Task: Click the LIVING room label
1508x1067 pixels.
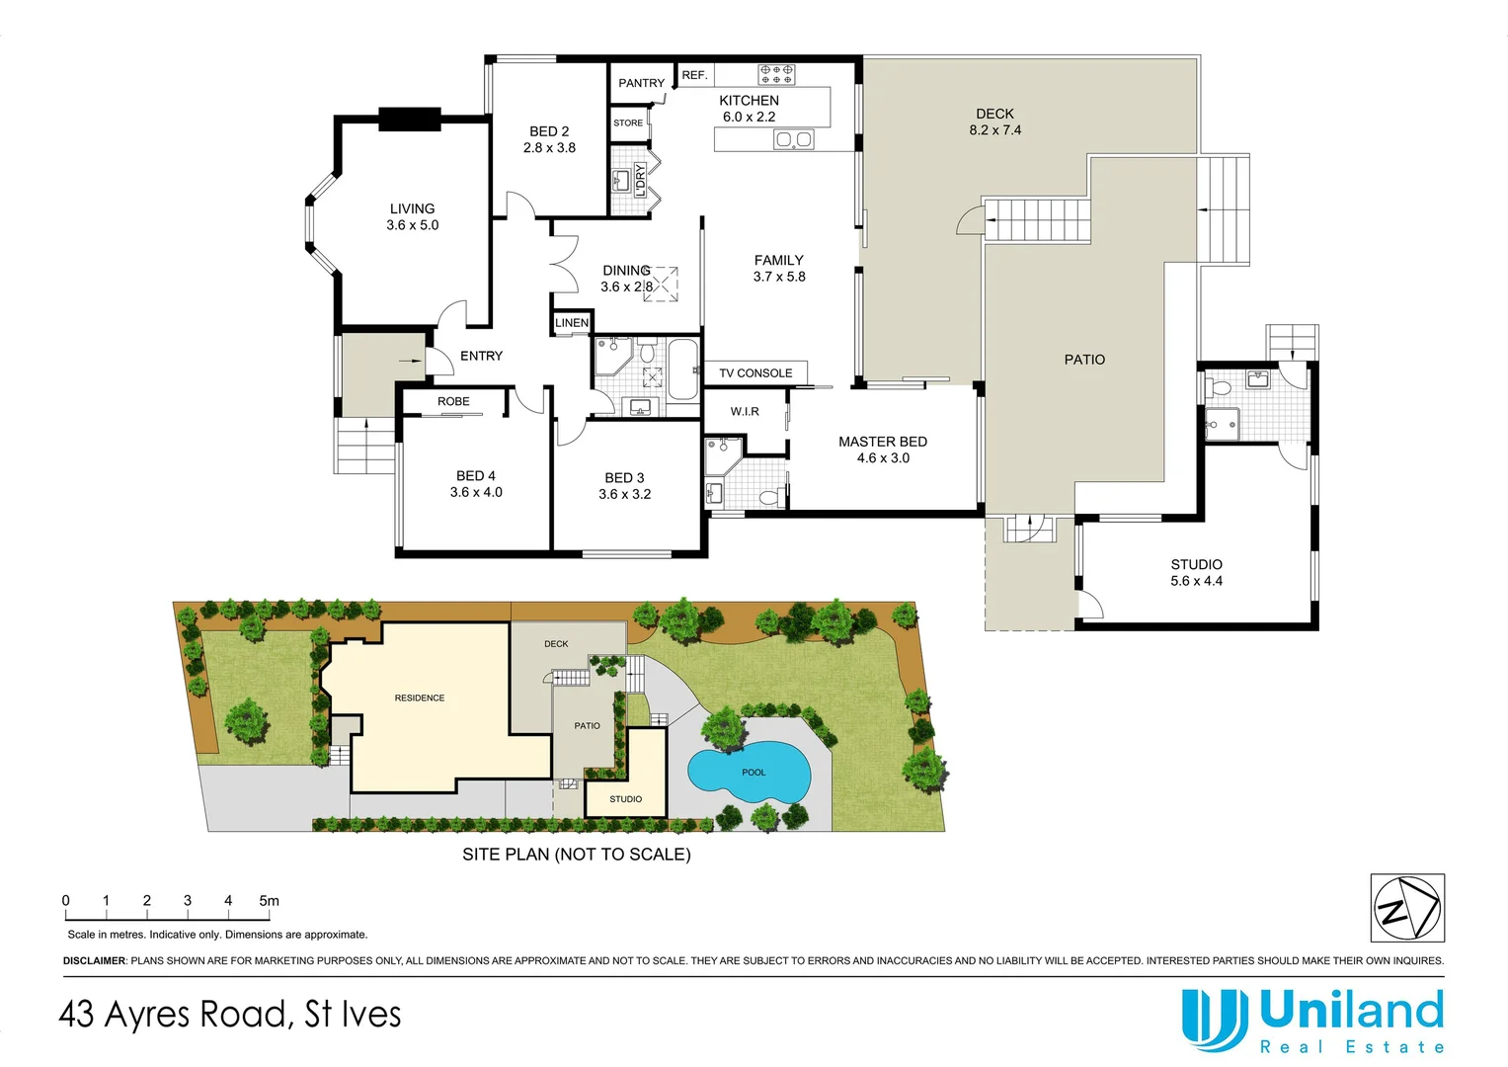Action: [412, 216]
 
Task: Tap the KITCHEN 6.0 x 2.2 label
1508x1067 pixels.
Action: [749, 109]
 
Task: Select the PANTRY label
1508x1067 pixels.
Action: [641, 83]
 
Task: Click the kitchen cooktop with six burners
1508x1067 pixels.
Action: [776, 74]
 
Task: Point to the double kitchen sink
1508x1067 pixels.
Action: [793, 139]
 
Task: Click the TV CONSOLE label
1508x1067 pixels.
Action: [755, 373]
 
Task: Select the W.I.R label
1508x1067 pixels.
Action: [745, 411]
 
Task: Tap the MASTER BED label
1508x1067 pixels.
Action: [883, 450]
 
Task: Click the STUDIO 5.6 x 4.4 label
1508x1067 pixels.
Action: [1196, 573]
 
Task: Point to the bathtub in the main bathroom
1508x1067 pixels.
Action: [683, 369]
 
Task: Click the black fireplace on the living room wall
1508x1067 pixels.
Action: [409, 119]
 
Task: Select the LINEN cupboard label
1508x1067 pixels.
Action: [572, 323]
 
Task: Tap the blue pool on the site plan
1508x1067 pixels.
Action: [749, 772]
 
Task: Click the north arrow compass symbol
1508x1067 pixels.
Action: [1407, 908]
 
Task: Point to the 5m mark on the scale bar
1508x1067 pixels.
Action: [269, 901]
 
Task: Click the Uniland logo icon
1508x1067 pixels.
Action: [1213, 1020]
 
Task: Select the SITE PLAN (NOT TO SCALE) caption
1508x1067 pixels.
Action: [576, 855]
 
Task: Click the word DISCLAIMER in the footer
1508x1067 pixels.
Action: [95, 961]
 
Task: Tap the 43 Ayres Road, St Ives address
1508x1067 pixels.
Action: [230, 1015]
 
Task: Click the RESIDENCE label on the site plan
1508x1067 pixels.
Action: [420, 698]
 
